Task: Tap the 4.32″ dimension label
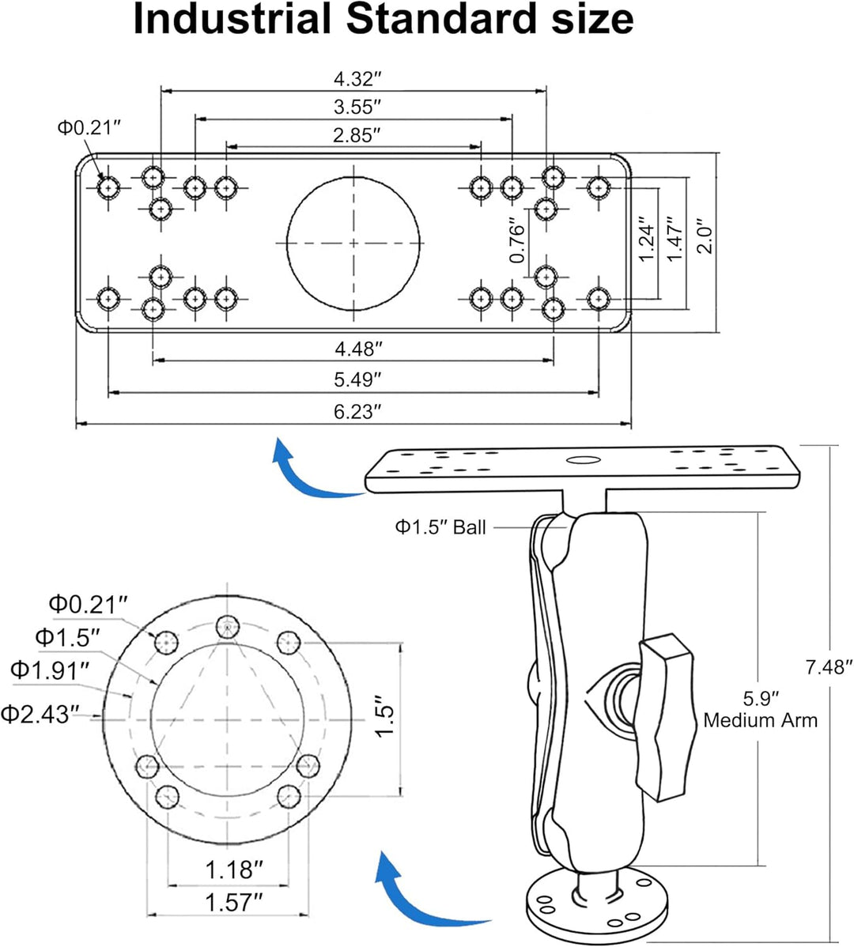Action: [358, 78]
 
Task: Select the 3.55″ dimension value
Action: [357, 107]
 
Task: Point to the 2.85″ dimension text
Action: [357, 135]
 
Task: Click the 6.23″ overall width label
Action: [357, 412]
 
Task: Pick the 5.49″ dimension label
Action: [357, 380]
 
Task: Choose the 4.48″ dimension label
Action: [359, 349]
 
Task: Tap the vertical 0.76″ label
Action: [518, 240]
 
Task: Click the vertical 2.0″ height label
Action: [705, 236]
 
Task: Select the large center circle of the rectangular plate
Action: [353, 177]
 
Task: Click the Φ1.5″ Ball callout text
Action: [440, 527]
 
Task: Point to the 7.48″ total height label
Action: [829, 667]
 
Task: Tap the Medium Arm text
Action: [761, 720]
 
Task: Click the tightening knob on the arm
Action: [665, 718]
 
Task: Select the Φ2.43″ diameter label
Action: [40, 715]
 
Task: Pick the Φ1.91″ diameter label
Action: [50, 670]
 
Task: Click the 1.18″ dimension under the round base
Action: [234, 870]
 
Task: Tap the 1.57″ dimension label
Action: [234, 903]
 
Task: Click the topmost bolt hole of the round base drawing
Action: [227, 628]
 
